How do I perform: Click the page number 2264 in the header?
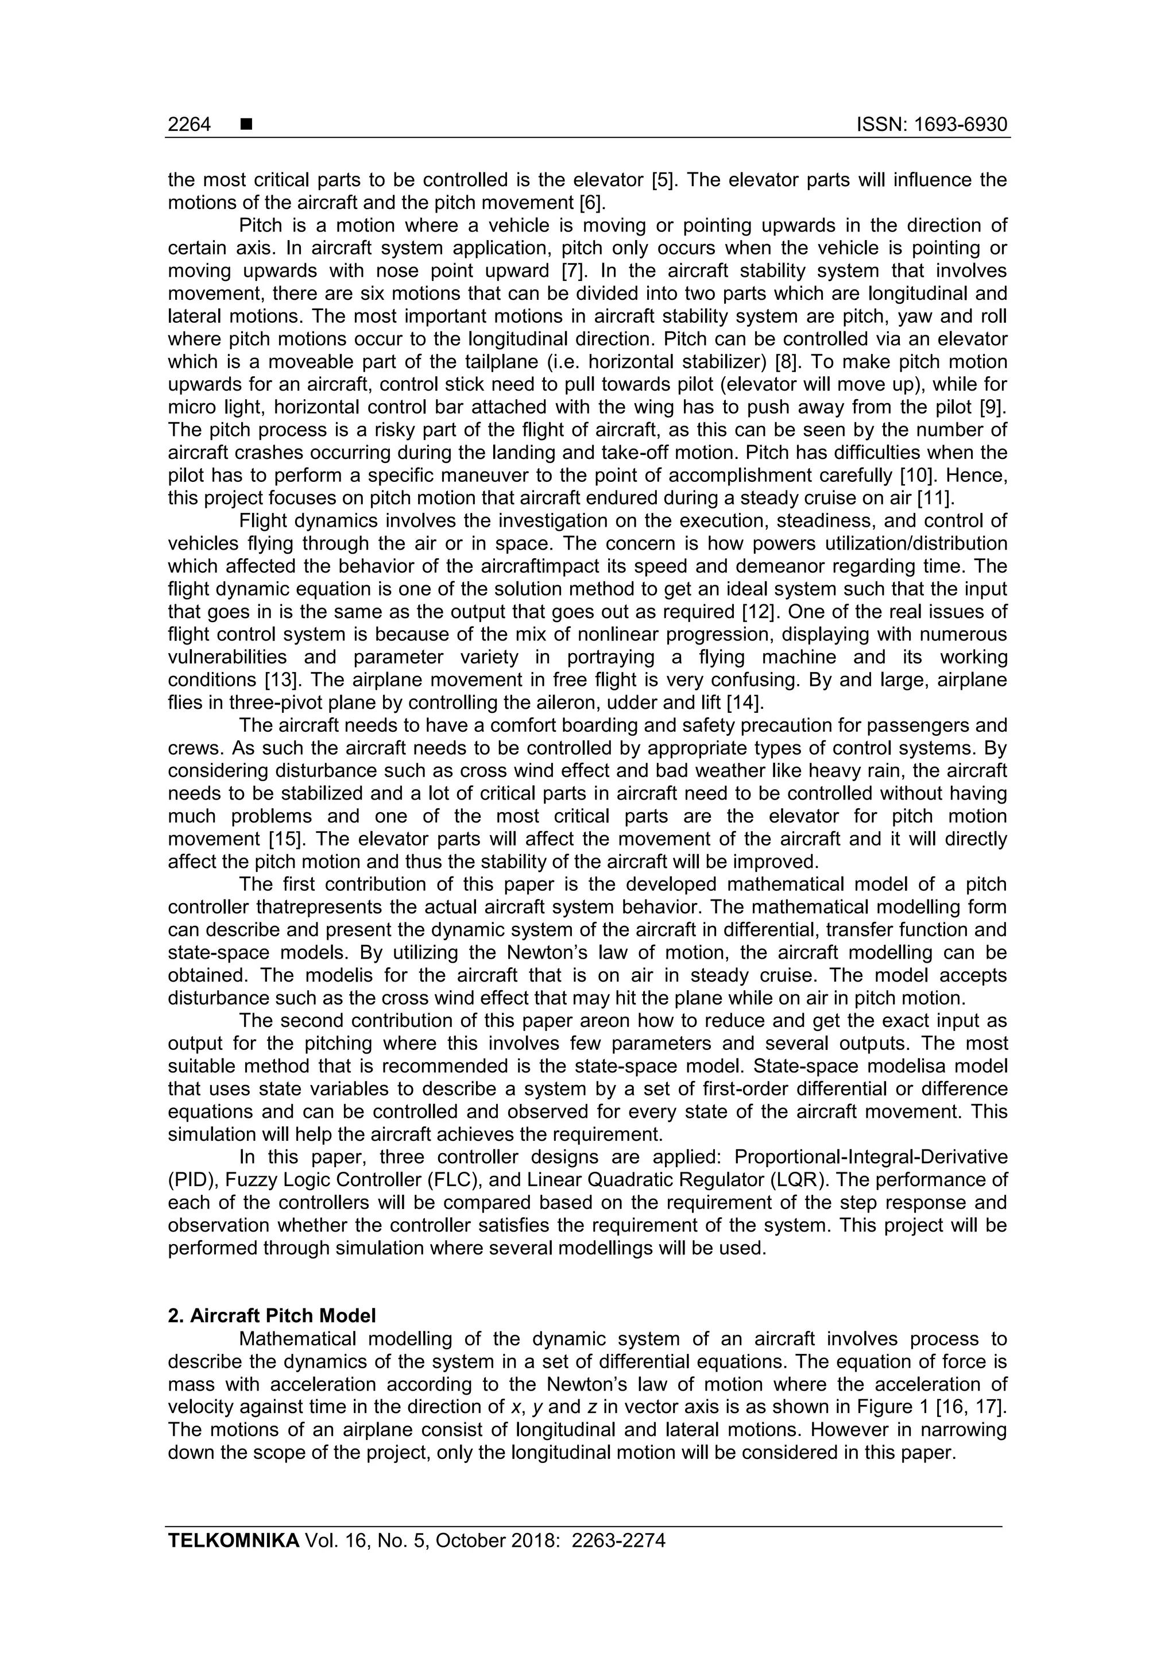click(x=189, y=125)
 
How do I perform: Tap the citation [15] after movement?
click(x=285, y=839)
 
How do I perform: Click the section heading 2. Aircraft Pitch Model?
click(x=272, y=1315)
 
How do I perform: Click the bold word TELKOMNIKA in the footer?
click(x=233, y=1541)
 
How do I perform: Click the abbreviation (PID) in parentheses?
click(x=193, y=1180)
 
